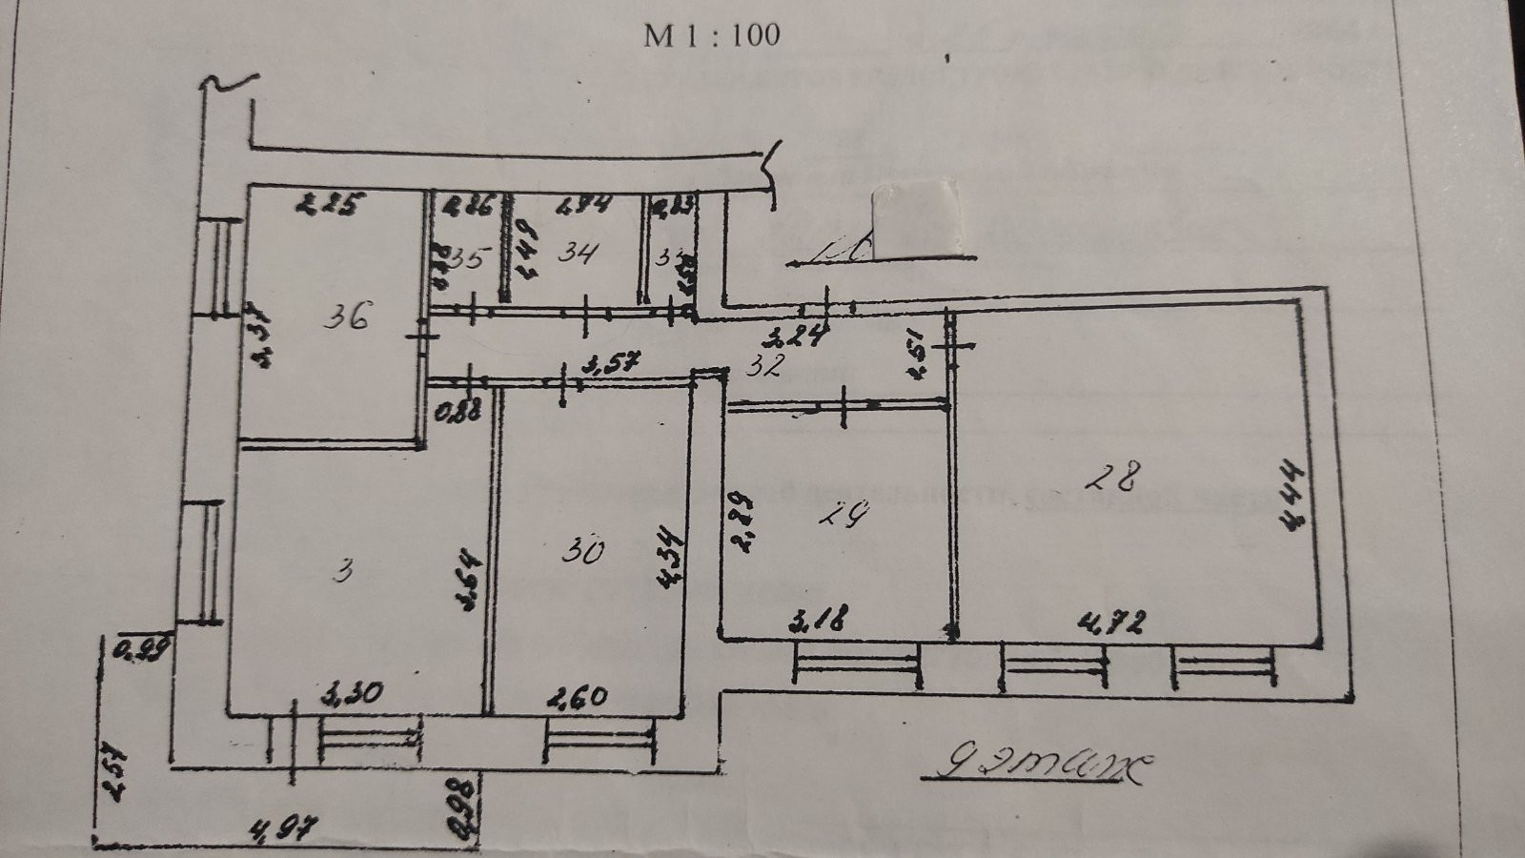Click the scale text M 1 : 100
[711, 35]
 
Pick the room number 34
[578, 254]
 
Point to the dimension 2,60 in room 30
[577, 697]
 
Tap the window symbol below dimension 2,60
[600, 740]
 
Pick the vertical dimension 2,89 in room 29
[741, 521]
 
